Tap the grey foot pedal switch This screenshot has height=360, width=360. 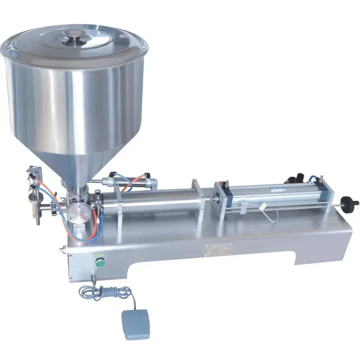(x=135, y=323)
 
